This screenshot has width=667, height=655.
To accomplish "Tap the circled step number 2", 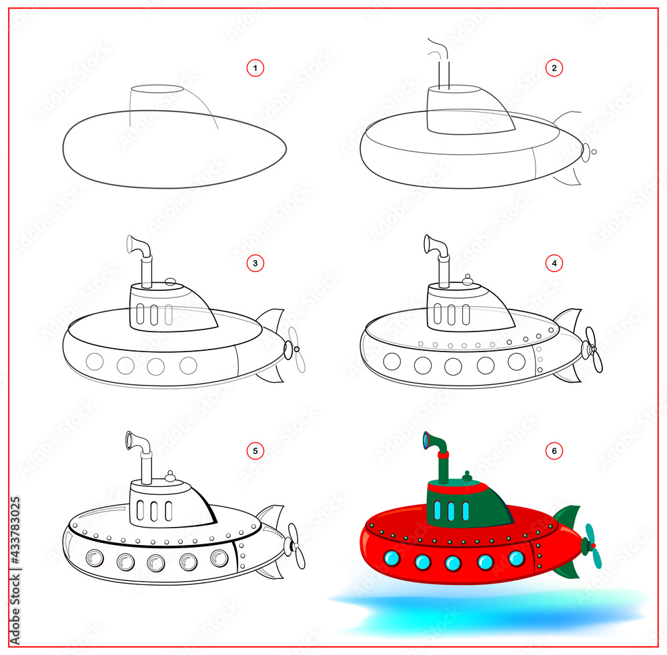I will point(553,67).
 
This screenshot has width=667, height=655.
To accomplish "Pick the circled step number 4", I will point(553,263).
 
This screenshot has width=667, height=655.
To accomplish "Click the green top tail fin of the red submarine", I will point(568,517).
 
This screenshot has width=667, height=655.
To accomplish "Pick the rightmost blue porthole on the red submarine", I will point(517,558).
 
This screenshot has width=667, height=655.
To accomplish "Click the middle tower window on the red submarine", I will point(452,511).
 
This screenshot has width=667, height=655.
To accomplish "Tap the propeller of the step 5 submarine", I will point(294,546).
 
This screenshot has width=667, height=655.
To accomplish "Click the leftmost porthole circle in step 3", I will point(95,362).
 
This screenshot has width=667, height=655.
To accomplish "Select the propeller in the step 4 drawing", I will point(592,349).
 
